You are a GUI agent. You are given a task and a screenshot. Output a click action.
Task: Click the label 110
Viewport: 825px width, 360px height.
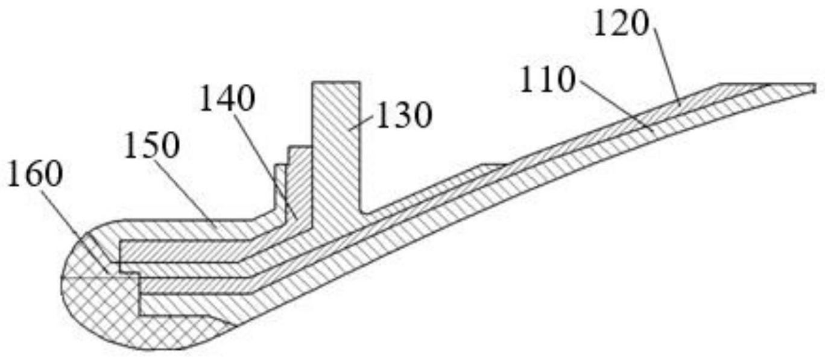(x=547, y=81)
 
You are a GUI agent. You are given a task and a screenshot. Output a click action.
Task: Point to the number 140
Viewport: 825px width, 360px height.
(x=227, y=99)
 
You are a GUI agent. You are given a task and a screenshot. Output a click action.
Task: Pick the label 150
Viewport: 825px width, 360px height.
(x=151, y=146)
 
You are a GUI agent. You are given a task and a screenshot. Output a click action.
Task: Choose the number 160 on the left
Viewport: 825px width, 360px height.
(x=34, y=175)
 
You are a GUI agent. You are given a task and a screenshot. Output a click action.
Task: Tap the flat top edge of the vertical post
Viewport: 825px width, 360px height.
(x=335, y=81)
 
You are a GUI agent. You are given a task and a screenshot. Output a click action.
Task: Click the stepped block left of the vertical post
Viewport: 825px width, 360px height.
(x=296, y=175)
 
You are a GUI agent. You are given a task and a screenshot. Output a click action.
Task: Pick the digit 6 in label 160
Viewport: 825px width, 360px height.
(x=36, y=175)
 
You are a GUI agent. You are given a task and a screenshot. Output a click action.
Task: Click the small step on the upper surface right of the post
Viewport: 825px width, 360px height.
(x=492, y=164)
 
